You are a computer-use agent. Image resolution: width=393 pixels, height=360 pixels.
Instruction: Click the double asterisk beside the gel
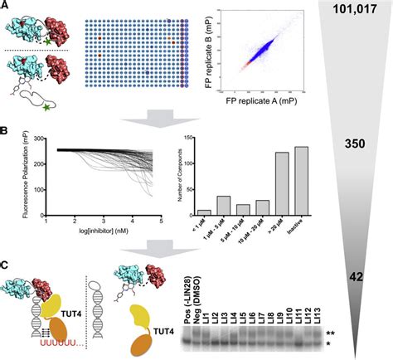tap(329, 333)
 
